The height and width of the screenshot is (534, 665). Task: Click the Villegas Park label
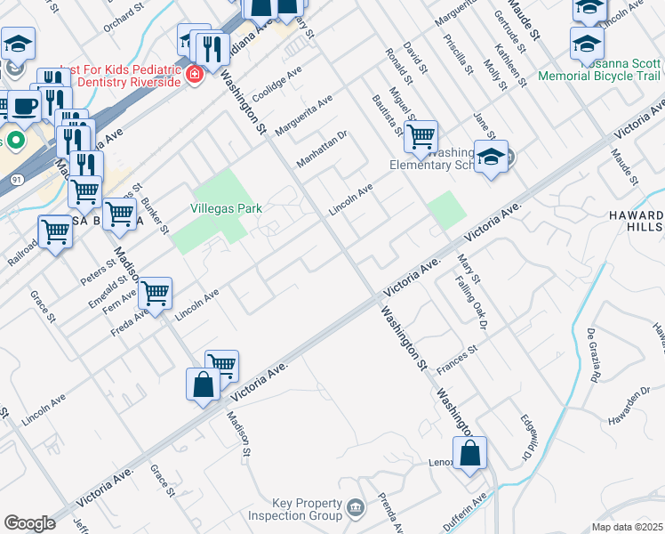226,208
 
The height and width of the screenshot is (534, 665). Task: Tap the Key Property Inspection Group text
295,509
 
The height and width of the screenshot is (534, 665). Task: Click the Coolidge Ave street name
276,84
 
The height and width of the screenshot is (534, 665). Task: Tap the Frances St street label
458,356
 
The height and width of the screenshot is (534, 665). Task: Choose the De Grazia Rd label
593,354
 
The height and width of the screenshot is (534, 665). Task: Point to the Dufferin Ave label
466,513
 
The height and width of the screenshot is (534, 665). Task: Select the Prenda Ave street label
391,514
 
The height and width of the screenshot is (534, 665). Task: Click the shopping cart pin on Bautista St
421,136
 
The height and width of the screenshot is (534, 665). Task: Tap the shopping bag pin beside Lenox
470,453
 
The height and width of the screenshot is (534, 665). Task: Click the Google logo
30,522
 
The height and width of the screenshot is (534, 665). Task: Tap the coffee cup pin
26,106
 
